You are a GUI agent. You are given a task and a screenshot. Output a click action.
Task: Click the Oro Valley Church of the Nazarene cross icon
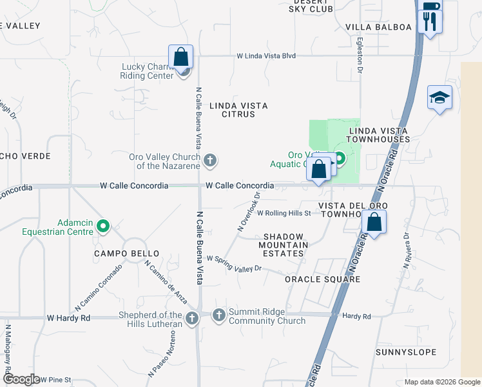coord(209,160)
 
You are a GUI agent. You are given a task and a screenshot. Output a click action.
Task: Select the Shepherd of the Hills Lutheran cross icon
coord(191,318)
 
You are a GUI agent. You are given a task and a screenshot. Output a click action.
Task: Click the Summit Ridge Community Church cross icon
coord(218,315)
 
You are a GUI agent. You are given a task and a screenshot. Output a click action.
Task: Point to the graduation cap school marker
coord(439,98)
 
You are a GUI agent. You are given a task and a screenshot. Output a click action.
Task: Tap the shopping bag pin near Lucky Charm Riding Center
coord(181,57)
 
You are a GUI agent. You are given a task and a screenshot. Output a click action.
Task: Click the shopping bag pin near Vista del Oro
coord(374,223)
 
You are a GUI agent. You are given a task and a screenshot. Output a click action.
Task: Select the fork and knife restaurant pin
coord(429,21)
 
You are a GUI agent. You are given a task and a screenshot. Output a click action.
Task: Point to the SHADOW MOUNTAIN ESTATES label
coord(283,245)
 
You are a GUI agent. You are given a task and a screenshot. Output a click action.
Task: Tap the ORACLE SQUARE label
coord(322,279)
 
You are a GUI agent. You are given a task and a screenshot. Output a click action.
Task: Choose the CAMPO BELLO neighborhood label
coord(126,254)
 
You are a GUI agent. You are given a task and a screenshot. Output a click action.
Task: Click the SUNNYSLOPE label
coord(407,352)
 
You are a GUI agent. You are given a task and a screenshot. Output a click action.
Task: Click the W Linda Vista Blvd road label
coord(266,56)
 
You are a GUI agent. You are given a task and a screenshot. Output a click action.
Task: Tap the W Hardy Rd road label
coord(69,318)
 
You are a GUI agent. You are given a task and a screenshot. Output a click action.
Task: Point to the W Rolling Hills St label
coord(284,213)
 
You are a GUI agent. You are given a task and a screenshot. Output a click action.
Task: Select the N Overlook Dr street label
coord(249,212)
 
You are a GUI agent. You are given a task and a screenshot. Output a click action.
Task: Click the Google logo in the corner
coord(21,379)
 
